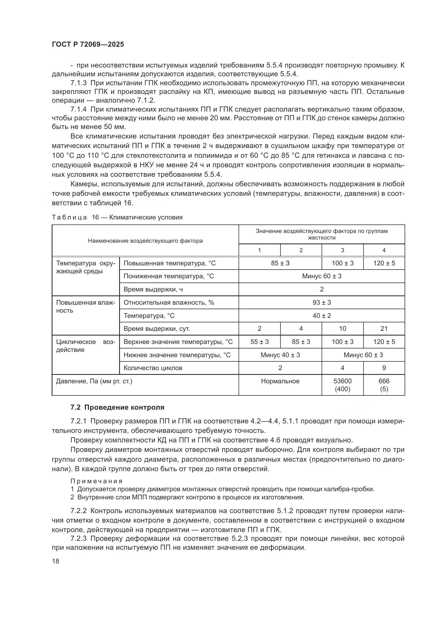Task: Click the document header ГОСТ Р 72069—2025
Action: tap(88, 44)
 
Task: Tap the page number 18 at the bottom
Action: tap(55, 561)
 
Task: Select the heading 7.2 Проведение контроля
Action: tap(117, 407)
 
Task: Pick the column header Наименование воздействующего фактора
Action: tap(145, 241)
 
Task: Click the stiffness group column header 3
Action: tap(342, 250)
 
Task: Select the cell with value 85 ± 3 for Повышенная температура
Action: tap(280, 263)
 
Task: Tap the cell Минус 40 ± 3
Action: tap(280, 355)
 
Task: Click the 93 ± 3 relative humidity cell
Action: tap(322, 303)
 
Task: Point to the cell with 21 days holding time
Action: tap(384, 329)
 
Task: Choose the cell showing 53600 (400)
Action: tap(342, 385)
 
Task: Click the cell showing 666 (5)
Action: tap(384, 385)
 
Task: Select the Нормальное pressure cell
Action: tap(280, 381)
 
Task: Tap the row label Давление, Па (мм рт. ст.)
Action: tap(94, 381)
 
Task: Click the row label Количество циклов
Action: tap(153, 368)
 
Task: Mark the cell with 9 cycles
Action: tap(384, 368)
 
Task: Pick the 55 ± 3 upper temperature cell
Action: tap(259, 342)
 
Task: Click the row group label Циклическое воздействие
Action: tap(85, 346)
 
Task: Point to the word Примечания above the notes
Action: tap(96, 481)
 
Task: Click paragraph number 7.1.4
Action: tap(78, 109)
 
